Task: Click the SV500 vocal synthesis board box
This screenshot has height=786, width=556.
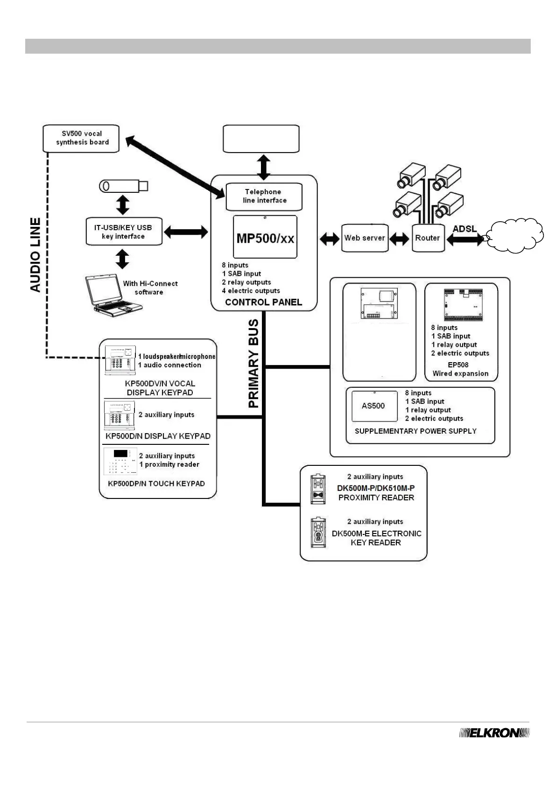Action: [81, 138]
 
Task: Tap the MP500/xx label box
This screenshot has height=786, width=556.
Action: [265, 237]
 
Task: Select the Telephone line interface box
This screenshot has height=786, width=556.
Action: [264, 196]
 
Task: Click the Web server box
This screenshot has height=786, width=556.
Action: [365, 238]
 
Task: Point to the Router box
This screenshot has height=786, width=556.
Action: [428, 238]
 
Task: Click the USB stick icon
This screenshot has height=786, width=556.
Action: [124, 186]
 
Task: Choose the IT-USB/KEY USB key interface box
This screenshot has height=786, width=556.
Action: [124, 232]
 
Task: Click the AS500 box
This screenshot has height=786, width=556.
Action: [373, 406]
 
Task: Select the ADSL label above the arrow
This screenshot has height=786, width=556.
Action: [465, 229]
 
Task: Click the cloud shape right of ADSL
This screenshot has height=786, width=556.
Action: [515, 236]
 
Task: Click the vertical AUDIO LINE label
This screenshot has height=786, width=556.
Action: [35, 255]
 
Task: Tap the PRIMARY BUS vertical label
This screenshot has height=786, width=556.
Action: [253, 364]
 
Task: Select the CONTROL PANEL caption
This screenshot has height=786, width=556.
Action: [264, 302]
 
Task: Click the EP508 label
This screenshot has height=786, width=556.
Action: [460, 365]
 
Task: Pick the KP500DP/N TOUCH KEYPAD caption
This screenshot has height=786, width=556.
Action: [156, 484]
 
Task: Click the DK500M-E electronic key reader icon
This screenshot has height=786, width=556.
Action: [318, 532]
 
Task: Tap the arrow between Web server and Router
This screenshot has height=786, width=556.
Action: [400, 239]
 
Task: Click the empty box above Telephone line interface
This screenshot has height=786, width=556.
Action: [261, 139]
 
